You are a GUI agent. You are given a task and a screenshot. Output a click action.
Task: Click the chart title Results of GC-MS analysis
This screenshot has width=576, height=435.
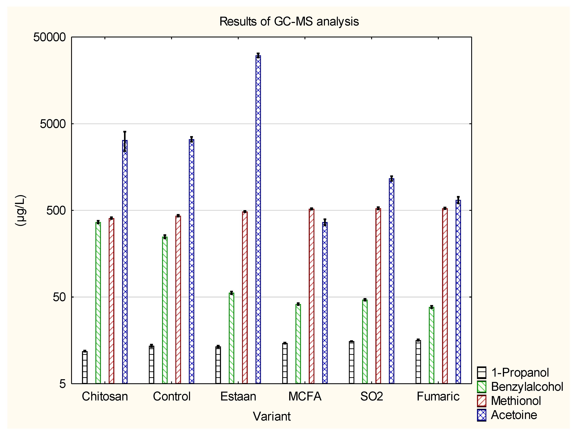289,21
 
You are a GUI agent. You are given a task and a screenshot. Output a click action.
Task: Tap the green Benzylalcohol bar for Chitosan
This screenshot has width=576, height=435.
98,302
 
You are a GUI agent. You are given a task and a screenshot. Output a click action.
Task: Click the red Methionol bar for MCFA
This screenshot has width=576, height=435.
311,296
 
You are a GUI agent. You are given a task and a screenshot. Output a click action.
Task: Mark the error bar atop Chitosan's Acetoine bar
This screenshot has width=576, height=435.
125,141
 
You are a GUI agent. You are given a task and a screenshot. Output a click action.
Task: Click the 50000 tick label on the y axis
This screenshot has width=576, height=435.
50,37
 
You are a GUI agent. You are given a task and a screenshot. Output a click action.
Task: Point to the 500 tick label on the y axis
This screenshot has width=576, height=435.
56,210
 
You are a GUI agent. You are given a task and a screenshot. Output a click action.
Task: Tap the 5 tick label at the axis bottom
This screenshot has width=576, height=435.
62,383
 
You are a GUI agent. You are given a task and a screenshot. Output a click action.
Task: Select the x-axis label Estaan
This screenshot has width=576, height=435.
238,396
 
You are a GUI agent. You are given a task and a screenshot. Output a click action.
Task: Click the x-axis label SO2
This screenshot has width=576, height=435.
372,396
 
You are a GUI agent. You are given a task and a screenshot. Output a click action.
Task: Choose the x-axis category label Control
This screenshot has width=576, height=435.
172,396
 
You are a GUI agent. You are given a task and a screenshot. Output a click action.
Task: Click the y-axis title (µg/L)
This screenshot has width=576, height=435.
20,210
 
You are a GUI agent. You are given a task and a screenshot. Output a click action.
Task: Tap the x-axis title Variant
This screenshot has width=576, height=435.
272,416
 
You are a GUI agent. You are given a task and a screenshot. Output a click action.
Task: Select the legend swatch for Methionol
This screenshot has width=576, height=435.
482,401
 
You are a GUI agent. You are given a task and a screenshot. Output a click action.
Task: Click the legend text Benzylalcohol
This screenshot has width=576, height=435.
527,387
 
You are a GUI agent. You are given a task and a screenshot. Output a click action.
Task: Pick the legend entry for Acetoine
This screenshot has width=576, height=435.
514,415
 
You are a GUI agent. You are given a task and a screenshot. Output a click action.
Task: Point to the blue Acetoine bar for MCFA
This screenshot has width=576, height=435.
325,302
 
